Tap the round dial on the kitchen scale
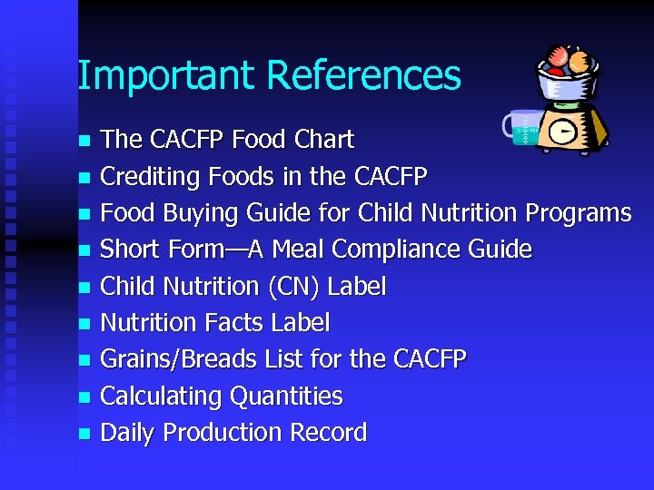tap(564, 132)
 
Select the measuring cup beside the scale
tap(521, 130)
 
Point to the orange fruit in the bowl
tap(578, 61)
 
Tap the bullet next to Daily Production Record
tap(84, 434)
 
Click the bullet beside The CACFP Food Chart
tap(84, 141)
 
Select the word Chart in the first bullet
tap(324, 140)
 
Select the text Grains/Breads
tap(179, 360)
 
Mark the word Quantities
tap(287, 397)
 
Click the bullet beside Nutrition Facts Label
tap(84, 324)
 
